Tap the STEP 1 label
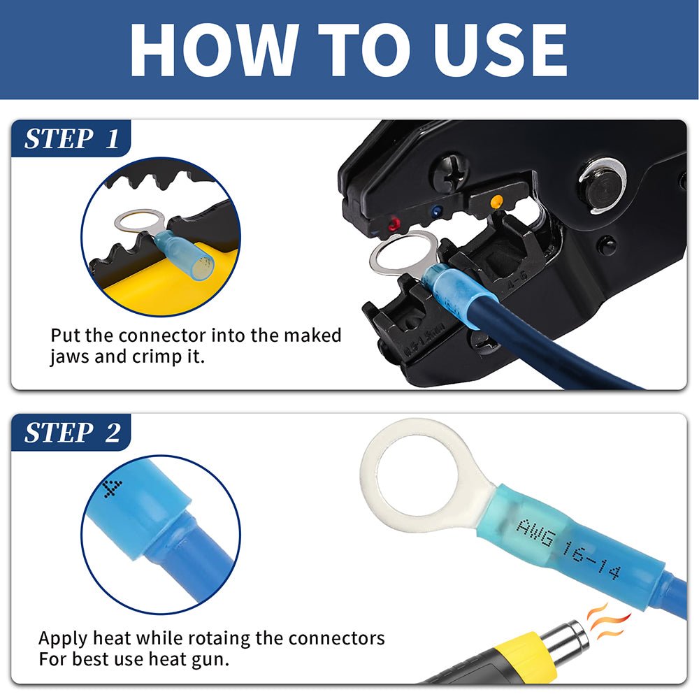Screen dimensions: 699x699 (71, 138)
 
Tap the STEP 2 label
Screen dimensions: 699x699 (72, 433)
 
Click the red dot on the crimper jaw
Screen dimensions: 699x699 (394, 223)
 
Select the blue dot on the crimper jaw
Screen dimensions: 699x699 (436, 210)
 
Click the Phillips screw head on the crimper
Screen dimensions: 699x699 (450, 172)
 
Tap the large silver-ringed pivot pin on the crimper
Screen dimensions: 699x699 (602, 186)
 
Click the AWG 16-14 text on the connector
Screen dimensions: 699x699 (568, 549)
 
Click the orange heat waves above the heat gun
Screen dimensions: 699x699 (607, 621)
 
